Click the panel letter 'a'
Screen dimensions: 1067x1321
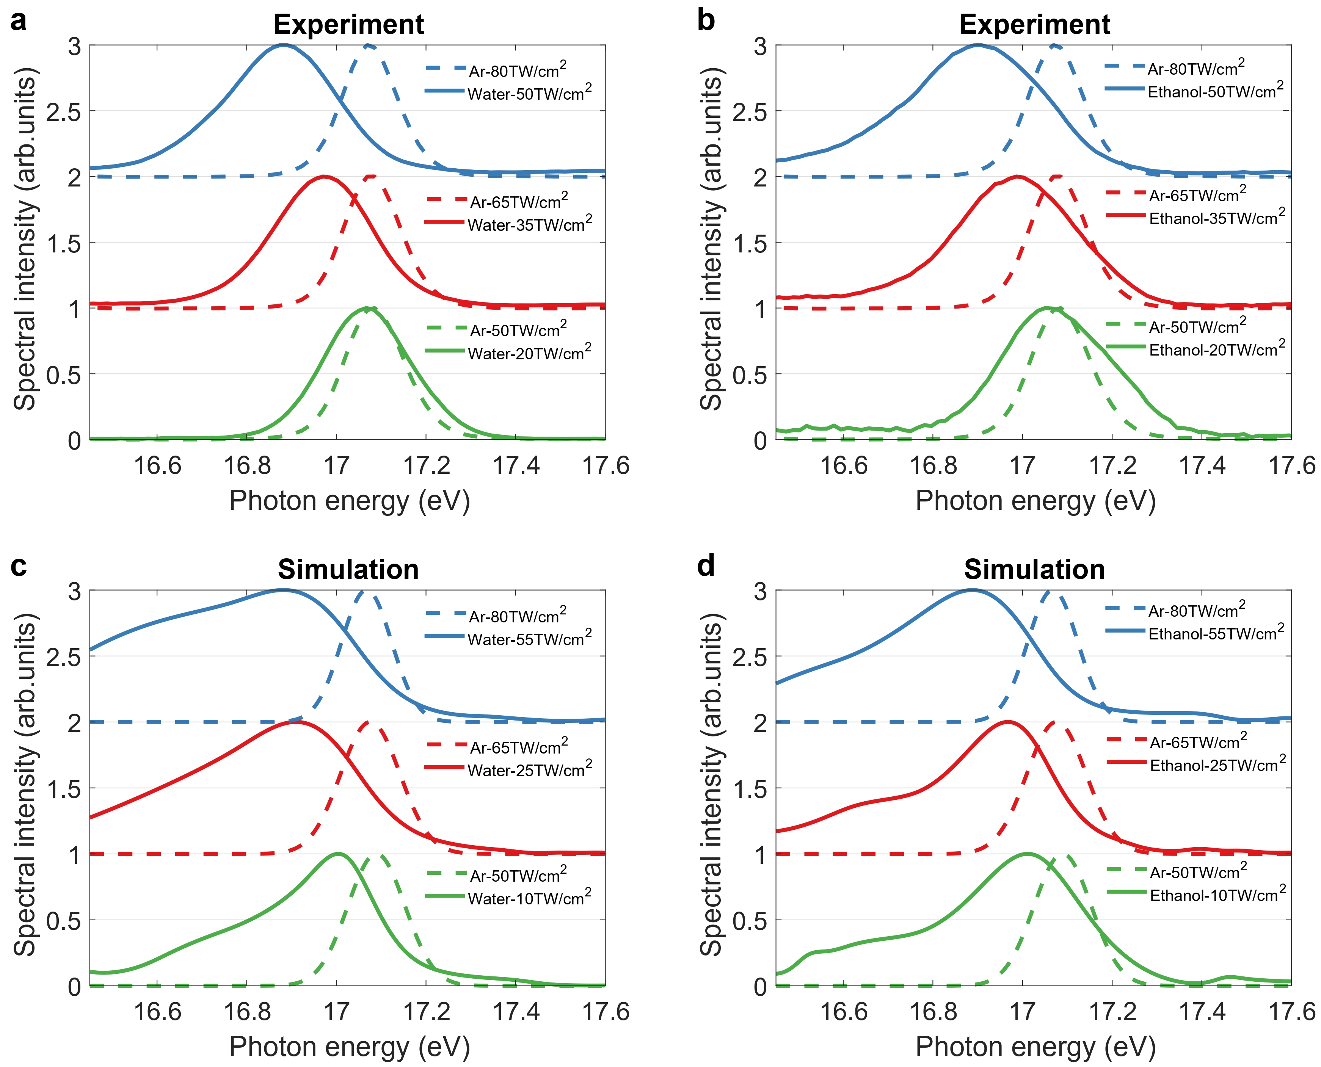(19, 22)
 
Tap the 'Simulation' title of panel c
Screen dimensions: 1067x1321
(348, 569)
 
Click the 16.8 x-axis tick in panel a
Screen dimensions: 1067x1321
(247, 465)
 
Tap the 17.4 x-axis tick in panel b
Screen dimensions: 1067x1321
(1202, 465)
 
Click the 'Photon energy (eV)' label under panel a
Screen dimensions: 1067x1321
(349, 501)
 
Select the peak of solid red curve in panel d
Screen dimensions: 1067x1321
(1006, 722)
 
